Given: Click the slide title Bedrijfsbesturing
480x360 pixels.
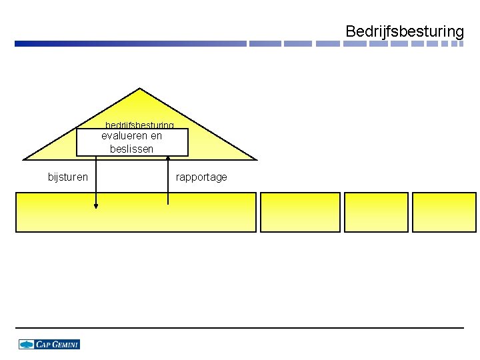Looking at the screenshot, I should coord(404,31).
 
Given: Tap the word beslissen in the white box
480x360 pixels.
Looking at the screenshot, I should coord(131,149).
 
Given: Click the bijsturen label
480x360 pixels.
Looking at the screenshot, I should coord(67,177).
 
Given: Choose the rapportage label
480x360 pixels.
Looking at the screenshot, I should coord(201,177).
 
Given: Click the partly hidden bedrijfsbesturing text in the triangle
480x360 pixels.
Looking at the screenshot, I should coord(139,125).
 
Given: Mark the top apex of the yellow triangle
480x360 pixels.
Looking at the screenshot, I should coord(139,89).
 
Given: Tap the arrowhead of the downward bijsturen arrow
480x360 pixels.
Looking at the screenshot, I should coord(96,207).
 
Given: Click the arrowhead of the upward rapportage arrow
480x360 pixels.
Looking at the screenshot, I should coord(167,158).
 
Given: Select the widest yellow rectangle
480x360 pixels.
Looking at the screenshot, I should coord(135,212).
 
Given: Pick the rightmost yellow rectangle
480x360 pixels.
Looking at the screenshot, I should coord(445,212).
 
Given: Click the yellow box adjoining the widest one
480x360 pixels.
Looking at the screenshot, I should coord(300,212).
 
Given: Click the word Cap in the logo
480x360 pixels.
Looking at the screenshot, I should coord(43,345).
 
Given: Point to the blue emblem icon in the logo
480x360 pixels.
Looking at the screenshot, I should coord(27,345).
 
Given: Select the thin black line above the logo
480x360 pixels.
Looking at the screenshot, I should coord(240,327).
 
